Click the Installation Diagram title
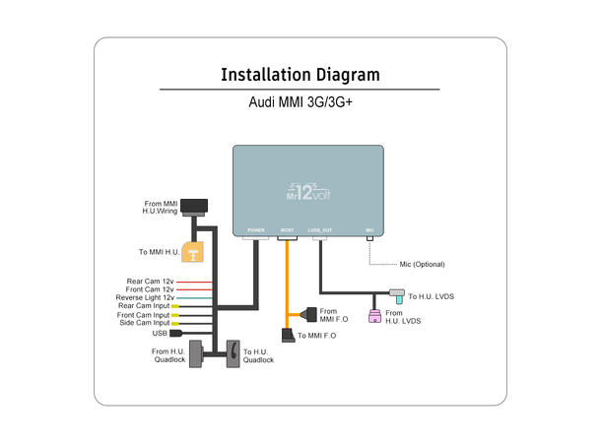(300, 75)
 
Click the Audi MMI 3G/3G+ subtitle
(300, 101)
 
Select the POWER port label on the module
(256, 229)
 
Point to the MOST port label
(287, 229)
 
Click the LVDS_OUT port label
(320, 229)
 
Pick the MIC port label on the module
(369, 229)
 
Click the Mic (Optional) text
(422, 265)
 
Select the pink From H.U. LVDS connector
(374, 316)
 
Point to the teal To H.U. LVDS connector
(397, 294)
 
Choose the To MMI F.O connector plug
(287, 337)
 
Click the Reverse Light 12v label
(144, 297)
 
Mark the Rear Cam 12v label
(150, 282)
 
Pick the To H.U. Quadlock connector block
(233, 353)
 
